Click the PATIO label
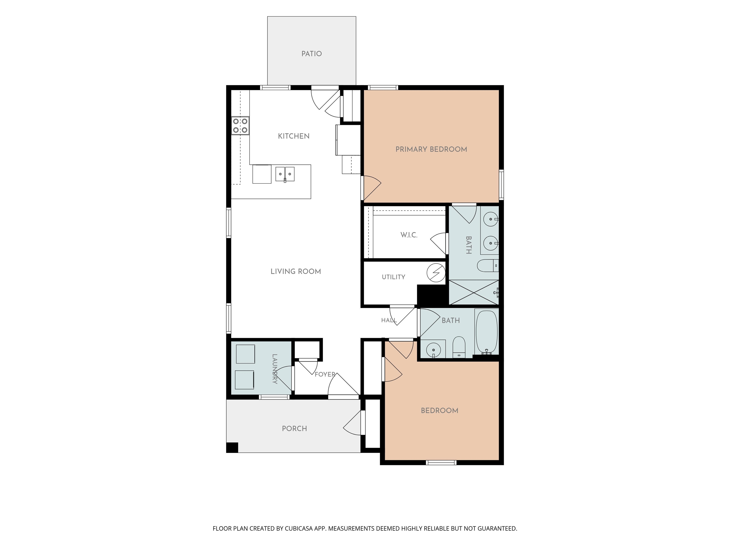click(312, 54)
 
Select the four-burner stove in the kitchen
click(240, 126)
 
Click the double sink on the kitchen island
click(285, 174)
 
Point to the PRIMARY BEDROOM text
click(431, 149)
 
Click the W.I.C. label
click(409, 235)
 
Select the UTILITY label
click(393, 277)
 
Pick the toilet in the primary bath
click(488, 266)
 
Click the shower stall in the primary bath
click(474, 292)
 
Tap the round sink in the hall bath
click(433, 349)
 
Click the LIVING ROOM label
click(296, 272)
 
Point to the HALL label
click(389, 320)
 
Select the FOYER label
click(325, 374)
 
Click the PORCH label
click(294, 429)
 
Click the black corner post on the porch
click(232, 448)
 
